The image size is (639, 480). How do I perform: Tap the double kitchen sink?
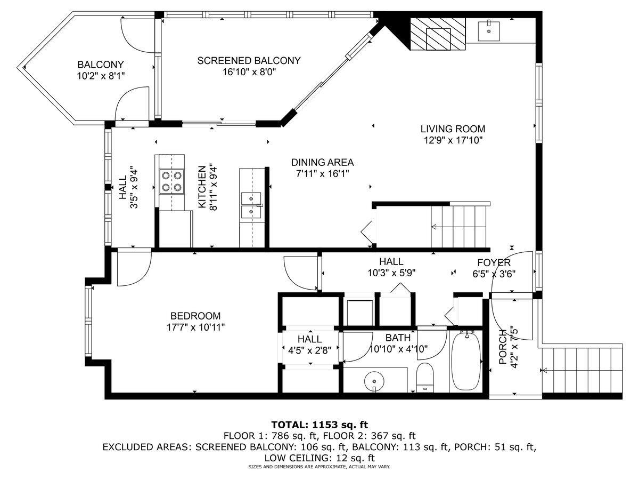click(x=251, y=205)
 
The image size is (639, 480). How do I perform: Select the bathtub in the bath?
click(x=466, y=361)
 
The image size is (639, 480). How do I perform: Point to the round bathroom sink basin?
click(x=374, y=381)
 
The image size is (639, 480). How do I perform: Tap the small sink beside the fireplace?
click(x=488, y=30)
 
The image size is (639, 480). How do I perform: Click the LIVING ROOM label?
click(x=453, y=129)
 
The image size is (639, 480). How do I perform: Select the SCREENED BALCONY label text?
click(x=249, y=61)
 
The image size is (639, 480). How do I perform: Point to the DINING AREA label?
click(x=322, y=162)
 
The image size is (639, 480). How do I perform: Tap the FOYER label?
click(x=494, y=262)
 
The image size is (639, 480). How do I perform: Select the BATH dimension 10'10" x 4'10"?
click(x=398, y=349)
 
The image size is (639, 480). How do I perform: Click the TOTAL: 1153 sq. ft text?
click(x=319, y=425)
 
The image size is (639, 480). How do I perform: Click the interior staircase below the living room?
click(x=459, y=227)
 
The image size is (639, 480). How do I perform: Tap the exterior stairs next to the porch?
click(x=582, y=370)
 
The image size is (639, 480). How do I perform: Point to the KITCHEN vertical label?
click(x=202, y=187)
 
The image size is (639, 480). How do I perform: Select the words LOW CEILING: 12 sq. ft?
click(x=319, y=458)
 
